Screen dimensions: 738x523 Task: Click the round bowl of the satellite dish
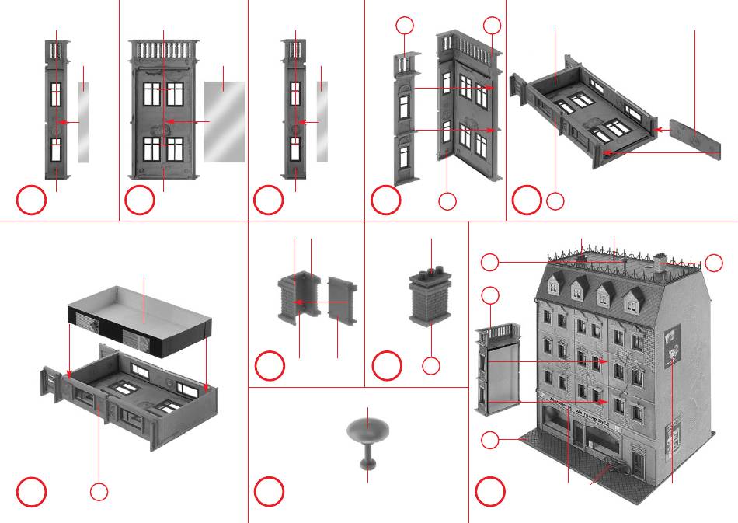[x=367, y=427]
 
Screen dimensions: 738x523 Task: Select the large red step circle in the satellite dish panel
[x=270, y=491]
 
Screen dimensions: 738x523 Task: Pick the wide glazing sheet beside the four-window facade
[x=225, y=121]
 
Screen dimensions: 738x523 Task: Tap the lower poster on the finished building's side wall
[x=674, y=429]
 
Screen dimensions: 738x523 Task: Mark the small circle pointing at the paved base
[x=489, y=441]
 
